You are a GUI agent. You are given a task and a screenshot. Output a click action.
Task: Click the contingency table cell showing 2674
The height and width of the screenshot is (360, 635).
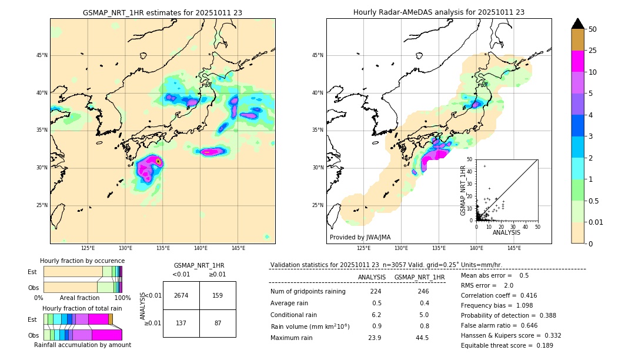click(181, 295)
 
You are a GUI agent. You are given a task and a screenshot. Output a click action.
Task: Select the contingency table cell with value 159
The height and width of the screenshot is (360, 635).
click(218, 295)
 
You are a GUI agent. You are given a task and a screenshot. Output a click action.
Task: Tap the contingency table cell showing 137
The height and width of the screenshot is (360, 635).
click(181, 323)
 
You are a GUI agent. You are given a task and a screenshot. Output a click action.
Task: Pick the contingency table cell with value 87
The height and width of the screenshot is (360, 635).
click(218, 323)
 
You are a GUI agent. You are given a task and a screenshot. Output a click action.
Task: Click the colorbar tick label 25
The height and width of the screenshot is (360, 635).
click(593, 51)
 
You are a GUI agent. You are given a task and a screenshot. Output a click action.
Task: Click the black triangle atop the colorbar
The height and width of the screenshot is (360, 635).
click(578, 24)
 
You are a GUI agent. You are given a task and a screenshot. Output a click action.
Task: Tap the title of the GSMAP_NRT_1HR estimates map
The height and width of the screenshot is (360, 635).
click(162, 12)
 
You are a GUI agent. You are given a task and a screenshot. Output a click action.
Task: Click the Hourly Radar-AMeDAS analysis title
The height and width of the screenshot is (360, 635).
click(439, 12)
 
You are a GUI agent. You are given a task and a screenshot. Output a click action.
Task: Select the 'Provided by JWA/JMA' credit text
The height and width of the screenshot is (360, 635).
click(360, 238)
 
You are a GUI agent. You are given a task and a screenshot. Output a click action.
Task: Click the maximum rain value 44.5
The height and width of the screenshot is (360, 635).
click(422, 338)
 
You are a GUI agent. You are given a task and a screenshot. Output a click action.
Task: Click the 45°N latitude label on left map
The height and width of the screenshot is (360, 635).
click(42, 55)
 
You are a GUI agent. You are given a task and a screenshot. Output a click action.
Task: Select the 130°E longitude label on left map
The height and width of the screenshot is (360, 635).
click(125, 249)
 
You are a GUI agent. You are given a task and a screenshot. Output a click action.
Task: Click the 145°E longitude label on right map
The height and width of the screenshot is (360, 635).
click(514, 249)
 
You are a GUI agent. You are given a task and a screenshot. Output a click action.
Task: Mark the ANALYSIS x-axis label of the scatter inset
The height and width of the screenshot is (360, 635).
click(506, 233)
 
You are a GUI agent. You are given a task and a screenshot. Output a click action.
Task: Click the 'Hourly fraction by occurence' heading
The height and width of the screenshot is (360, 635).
click(82, 261)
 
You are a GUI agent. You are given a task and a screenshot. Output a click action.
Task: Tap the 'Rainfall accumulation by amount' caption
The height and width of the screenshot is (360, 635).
click(82, 345)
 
